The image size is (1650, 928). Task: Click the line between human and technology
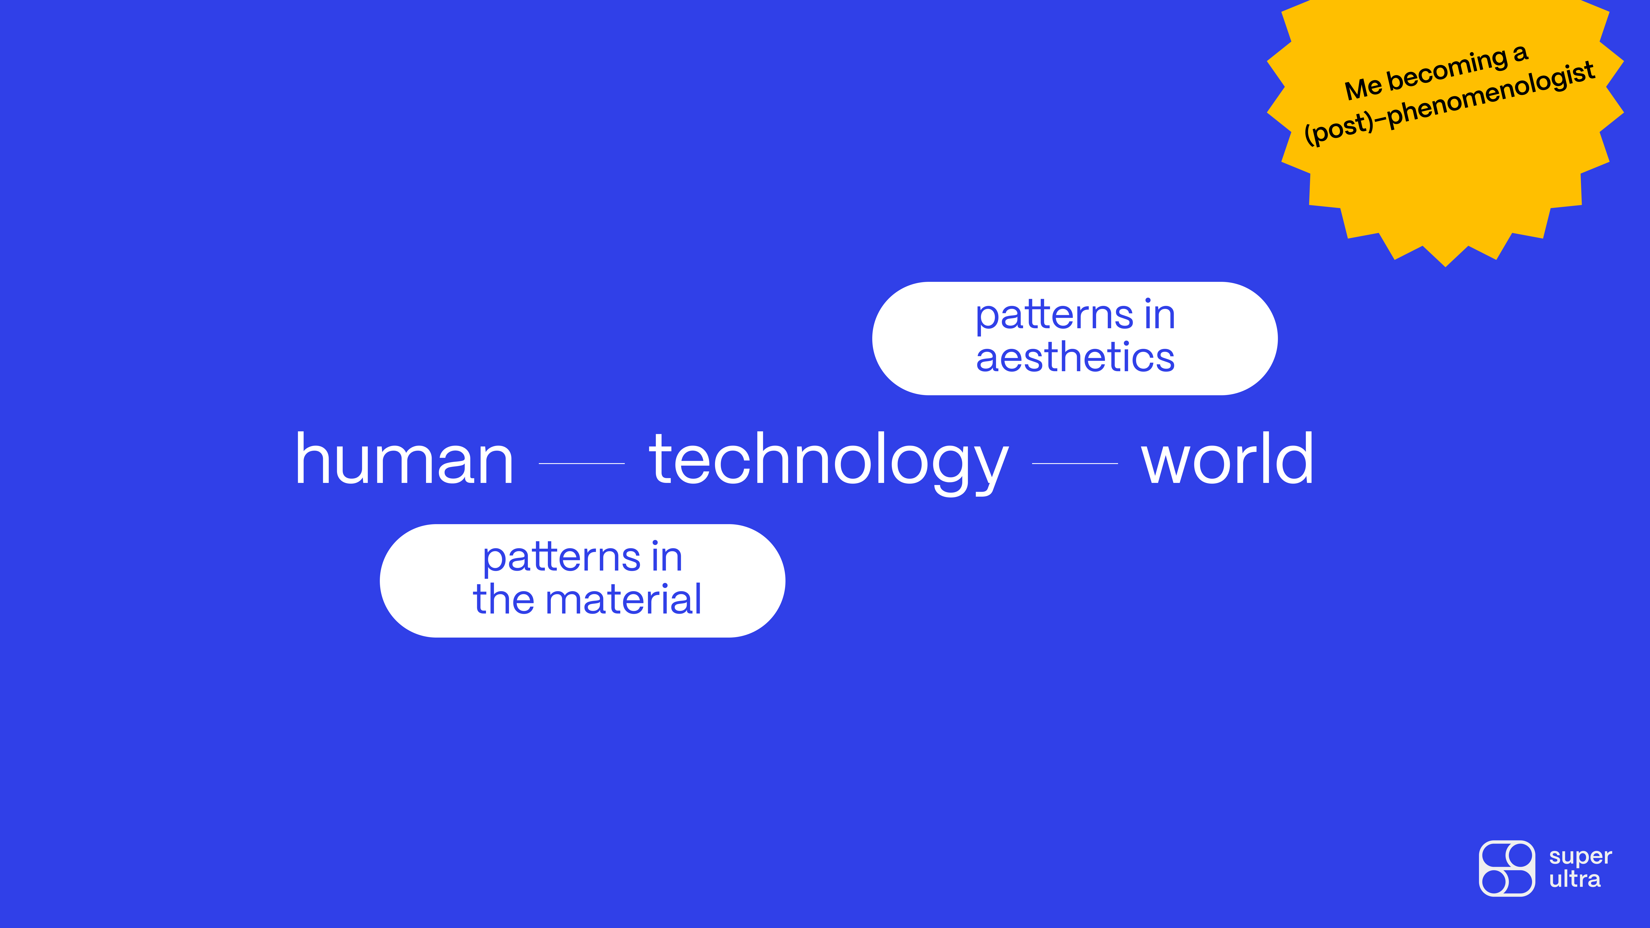(x=582, y=463)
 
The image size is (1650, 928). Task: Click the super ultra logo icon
(x=1506, y=868)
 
